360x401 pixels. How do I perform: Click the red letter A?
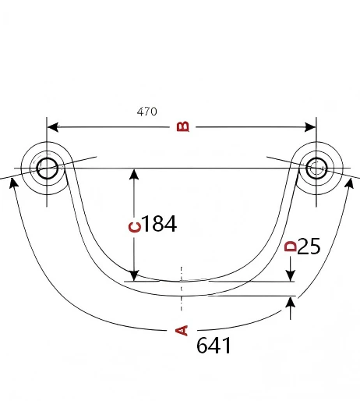182,330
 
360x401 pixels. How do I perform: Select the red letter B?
183,126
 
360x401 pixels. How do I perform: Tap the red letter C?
135,227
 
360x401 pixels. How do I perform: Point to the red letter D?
291,247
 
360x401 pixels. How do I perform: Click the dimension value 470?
146,112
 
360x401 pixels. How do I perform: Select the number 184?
160,224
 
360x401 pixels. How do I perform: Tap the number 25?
309,246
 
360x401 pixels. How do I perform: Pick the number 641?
214,346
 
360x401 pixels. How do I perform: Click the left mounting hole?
47,169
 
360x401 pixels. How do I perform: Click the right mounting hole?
316,169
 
